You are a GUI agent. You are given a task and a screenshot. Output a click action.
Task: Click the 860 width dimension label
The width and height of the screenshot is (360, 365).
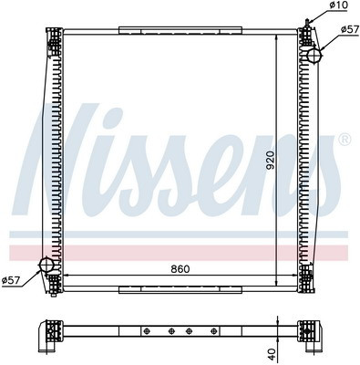click(x=180, y=269)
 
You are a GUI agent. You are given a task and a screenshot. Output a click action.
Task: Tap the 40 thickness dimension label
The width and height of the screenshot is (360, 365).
click(x=272, y=354)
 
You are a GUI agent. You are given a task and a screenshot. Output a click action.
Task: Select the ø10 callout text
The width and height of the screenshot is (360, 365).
click(x=338, y=5)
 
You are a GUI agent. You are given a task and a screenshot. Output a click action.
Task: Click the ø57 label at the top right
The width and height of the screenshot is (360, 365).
click(x=350, y=29)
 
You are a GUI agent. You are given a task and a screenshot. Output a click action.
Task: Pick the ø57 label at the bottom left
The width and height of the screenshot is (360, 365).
click(x=11, y=280)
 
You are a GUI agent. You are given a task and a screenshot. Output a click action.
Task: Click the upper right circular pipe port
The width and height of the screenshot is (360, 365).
click(x=314, y=56)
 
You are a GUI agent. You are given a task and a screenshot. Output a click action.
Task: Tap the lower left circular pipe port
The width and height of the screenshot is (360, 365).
click(x=46, y=266)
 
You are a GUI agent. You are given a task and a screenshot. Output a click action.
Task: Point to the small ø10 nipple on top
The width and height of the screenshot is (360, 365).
click(x=308, y=23)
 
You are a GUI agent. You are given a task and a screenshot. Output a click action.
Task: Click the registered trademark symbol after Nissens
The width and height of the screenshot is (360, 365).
click(x=345, y=140)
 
